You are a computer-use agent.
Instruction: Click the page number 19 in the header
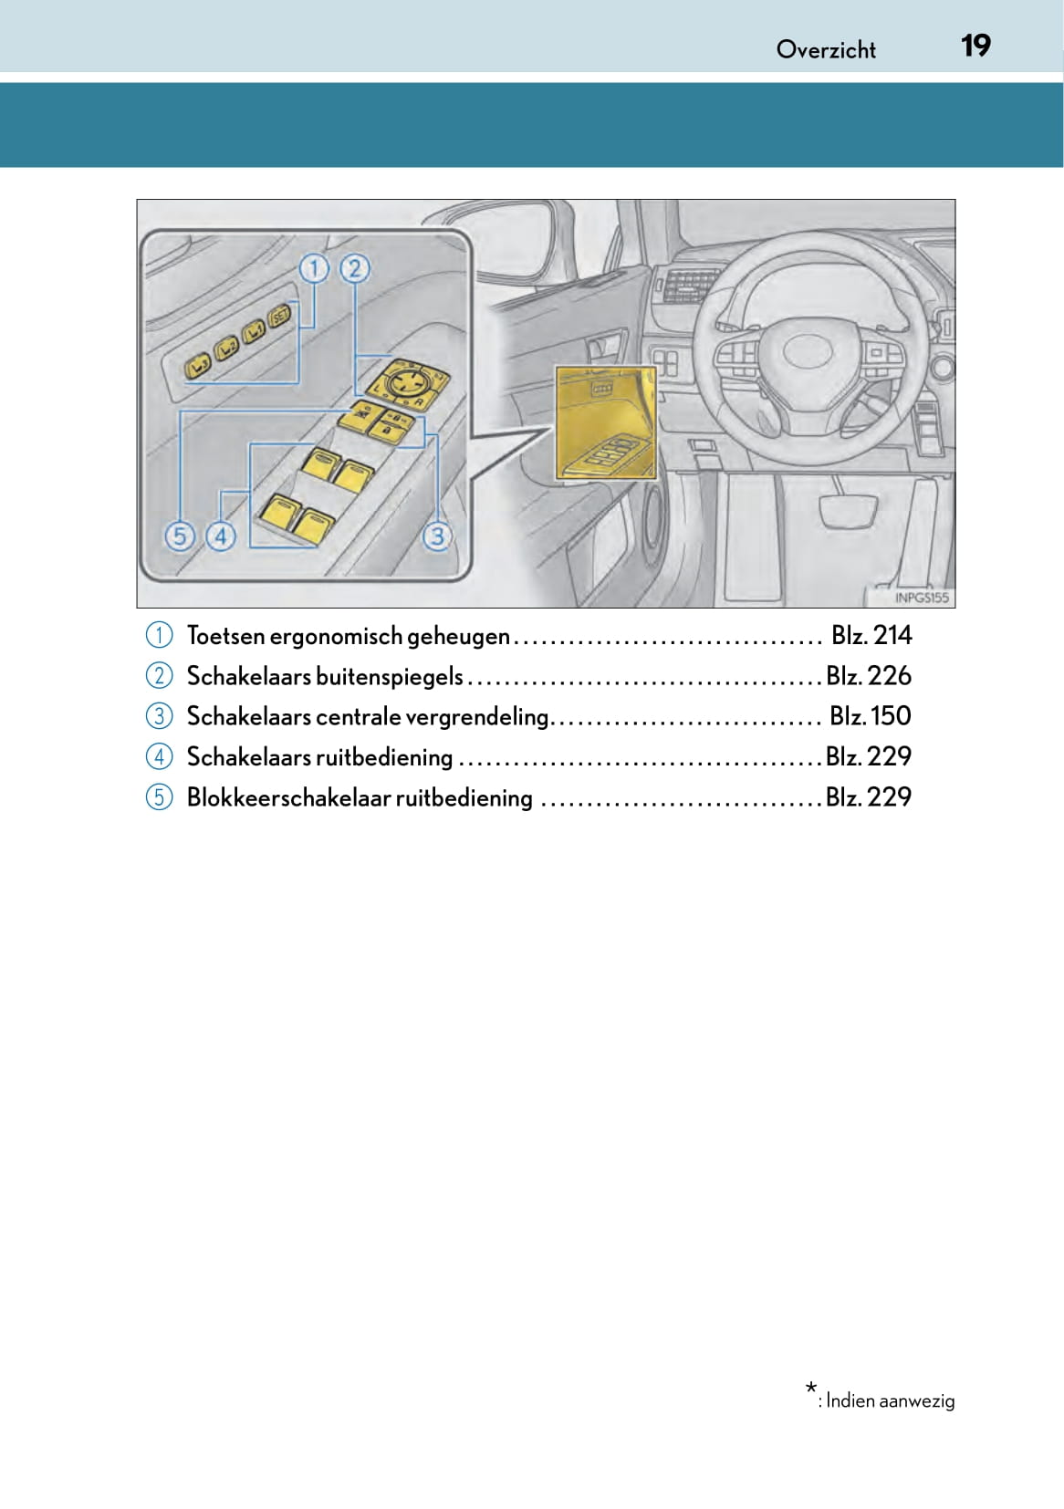coord(975,46)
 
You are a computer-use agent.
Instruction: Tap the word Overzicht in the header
coord(826,49)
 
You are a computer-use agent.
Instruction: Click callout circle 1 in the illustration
coord(313,269)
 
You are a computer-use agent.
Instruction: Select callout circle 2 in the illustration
coord(354,269)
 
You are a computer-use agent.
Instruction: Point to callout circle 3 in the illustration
coord(437,536)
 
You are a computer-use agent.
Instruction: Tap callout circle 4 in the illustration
coord(220,536)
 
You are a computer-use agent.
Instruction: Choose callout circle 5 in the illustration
coord(180,536)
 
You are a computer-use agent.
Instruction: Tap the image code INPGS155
coord(922,598)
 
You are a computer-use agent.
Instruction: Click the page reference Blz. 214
coord(871,635)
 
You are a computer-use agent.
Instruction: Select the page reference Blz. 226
coord(869,675)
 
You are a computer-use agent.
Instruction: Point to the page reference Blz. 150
coord(871,715)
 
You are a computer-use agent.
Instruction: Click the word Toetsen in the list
coord(225,636)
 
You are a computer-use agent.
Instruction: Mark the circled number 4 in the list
coord(159,756)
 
